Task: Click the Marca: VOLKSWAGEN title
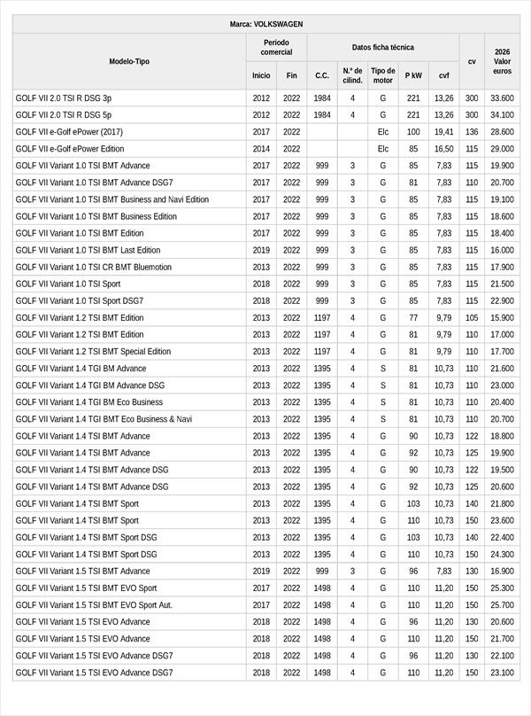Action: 265,24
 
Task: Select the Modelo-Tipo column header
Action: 129,61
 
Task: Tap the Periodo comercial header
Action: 276,47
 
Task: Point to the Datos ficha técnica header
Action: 382,47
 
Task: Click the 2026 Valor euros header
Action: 502,61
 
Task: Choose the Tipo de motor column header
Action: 383,75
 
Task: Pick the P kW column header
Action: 413,76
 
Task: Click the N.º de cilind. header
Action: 352,75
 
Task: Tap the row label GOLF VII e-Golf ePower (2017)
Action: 69,132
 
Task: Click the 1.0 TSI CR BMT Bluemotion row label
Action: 94,267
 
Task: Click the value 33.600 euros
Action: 502,98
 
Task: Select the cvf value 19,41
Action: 443,132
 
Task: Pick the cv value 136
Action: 472,132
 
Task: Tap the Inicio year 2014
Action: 261,149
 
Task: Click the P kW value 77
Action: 413,317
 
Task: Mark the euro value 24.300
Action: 502,554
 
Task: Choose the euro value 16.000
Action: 502,250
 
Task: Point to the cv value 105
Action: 472,317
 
